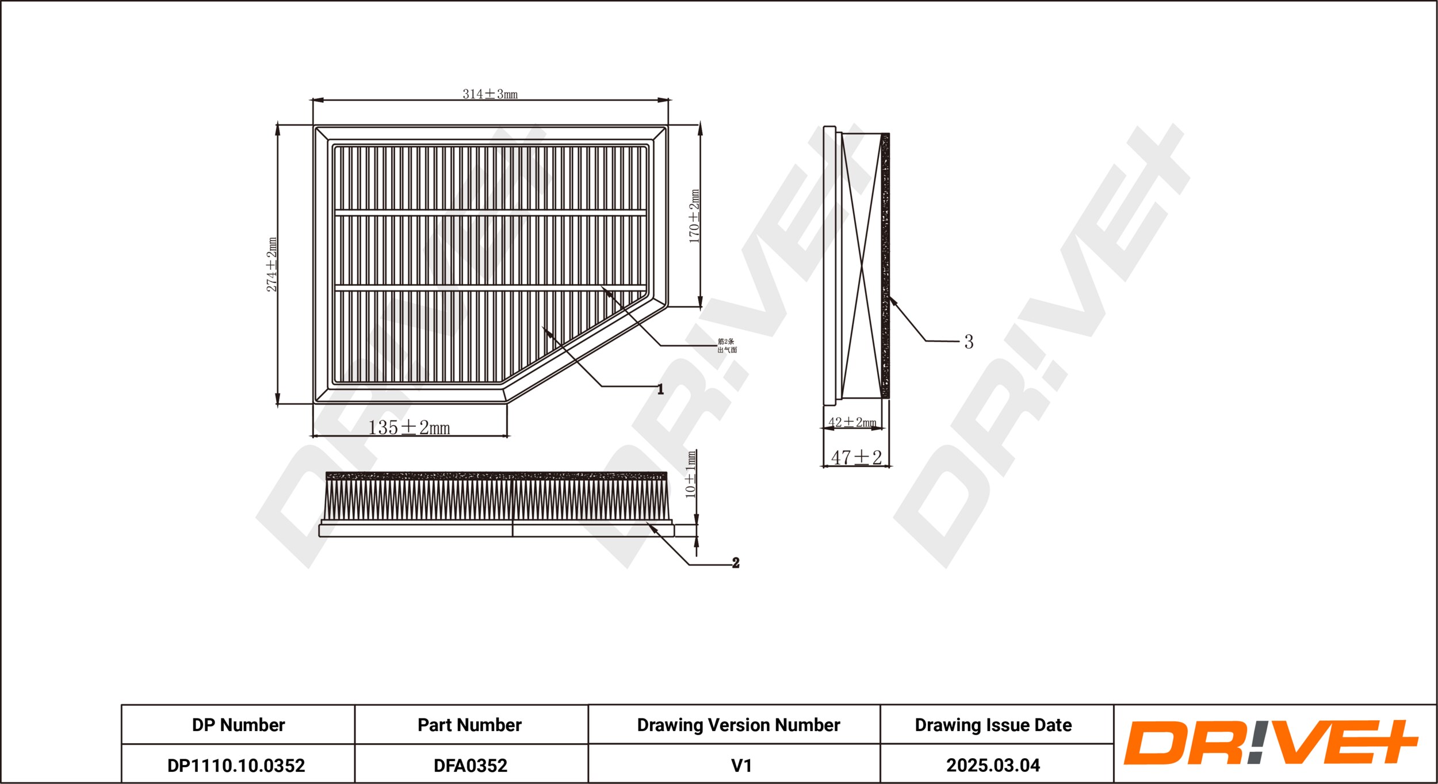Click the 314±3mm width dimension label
(x=490, y=94)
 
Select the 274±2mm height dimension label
(x=271, y=264)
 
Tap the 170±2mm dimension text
(x=694, y=216)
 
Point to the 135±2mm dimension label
(x=409, y=427)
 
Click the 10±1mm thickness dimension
(x=691, y=475)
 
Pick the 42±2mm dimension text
(x=852, y=422)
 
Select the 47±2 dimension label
(x=856, y=457)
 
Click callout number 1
(x=660, y=389)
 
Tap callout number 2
(x=736, y=563)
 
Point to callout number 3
(x=969, y=342)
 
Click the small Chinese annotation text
(x=727, y=346)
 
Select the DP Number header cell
(x=238, y=725)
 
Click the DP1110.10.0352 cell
(x=236, y=766)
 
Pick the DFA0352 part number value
(x=471, y=766)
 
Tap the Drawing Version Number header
(x=739, y=725)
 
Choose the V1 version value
(x=741, y=766)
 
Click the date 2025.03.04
(x=993, y=766)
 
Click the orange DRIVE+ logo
(x=1271, y=742)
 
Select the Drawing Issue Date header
(x=993, y=725)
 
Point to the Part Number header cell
(x=469, y=725)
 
